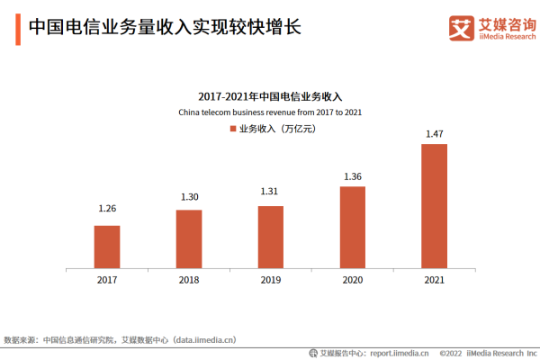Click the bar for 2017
point(107,247)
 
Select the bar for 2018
point(189,238)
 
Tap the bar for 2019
point(271,237)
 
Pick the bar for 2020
point(352,227)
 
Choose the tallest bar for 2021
point(434,206)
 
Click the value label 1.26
point(107,209)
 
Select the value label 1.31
point(271,191)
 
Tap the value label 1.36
point(352,176)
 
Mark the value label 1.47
point(434,134)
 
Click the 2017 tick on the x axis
point(107,280)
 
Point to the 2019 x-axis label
point(271,280)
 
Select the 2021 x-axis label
point(434,280)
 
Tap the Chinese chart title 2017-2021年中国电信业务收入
point(271,95)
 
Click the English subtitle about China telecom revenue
point(271,112)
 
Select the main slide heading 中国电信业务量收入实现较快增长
point(163,27)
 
